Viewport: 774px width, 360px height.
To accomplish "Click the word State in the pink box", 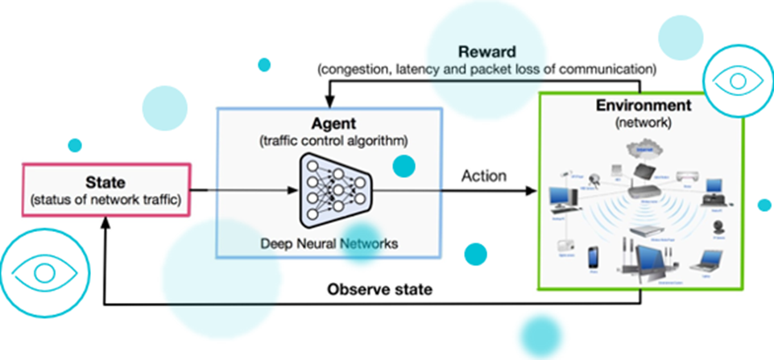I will (105, 184).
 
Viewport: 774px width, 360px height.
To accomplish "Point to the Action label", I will (483, 176).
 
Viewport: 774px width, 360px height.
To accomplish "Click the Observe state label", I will (379, 289).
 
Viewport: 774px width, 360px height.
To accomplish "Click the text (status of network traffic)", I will (105, 199).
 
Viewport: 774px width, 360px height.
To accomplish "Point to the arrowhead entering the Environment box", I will (532, 191).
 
